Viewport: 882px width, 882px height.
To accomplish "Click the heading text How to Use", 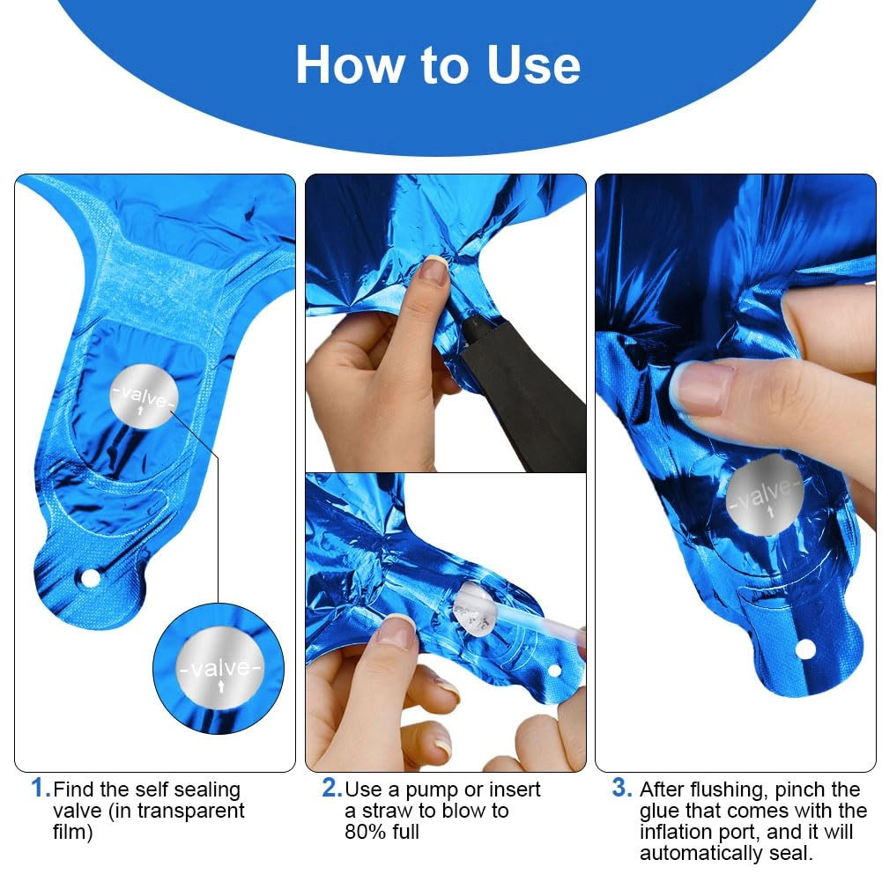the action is pyautogui.click(x=438, y=65).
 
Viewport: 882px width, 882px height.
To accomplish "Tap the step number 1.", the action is pyautogui.click(x=41, y=788).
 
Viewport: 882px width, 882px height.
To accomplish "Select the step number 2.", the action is pyautogui.click(x=332, y=788).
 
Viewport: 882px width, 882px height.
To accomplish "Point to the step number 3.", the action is pyautogui.click(x=622, y=788).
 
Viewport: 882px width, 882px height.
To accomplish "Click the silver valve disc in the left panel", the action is pyautogui.click(x=144, y=396).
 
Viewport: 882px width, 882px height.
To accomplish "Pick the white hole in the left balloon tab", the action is pyautogui.click(x=90, y=578).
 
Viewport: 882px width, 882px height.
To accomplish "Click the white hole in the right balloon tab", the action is pyautogui.click(x=804, y=649).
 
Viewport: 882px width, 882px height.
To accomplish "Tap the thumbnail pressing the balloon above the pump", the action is pyautogui.click(x=434, y=271).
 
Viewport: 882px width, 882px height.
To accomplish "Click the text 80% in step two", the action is pyautogui.click(x=363, y=832).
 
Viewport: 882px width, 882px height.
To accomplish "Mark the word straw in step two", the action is pyautogui.click(x=389, y=811).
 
